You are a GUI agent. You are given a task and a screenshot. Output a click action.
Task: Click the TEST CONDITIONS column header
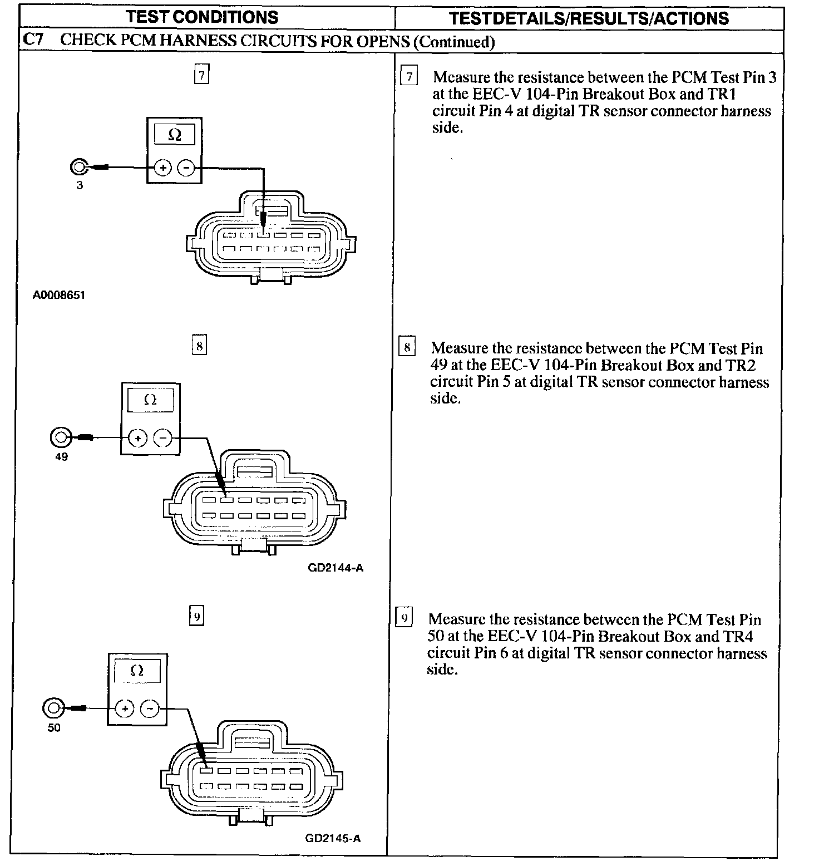tap(202, 17)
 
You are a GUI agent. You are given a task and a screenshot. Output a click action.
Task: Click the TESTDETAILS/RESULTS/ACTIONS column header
tap(589, 18)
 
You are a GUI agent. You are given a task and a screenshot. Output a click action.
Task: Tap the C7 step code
tap(33, 40)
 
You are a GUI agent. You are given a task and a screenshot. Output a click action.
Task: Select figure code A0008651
tap(59, 295)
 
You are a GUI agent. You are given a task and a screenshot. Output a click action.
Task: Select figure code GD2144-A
tap(336, 568)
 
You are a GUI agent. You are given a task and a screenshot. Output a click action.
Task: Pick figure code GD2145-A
tap(333, 838)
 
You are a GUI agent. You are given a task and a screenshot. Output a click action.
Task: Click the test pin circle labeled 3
tap(79, 166)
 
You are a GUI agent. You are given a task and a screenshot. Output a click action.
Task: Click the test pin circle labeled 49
tap(60, 437)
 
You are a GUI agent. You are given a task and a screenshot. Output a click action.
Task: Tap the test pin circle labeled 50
tap(52, 708)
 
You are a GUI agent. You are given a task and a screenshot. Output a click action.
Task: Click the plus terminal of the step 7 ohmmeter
tap(162, 167)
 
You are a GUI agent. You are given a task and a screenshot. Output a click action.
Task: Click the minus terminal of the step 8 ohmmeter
tap(162, 438)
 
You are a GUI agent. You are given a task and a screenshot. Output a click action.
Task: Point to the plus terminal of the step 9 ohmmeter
tap(125, 708)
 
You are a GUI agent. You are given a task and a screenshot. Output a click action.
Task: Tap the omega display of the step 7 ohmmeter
tap(174, 135)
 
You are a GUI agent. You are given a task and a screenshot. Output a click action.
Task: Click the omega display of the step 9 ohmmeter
tap(137, 671)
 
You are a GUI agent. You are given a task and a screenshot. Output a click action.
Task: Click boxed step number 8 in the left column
tap(199, 346)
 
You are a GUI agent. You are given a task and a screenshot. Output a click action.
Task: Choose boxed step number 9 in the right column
tap(404, 618)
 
